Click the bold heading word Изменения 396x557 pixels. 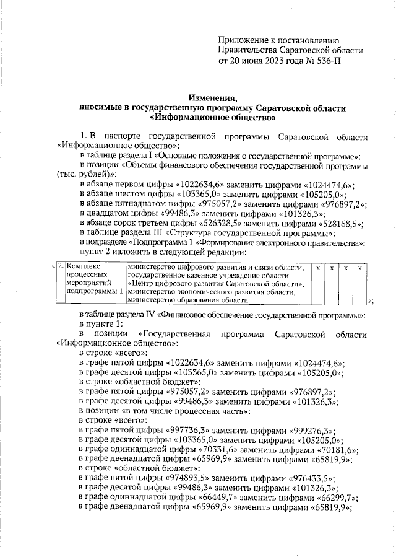[213, 97]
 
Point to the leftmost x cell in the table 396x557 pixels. [317, 267]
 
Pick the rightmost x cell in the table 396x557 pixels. [359, 267]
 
